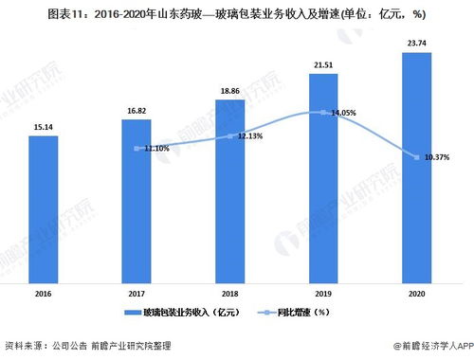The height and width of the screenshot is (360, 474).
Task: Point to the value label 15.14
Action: click(44, 126)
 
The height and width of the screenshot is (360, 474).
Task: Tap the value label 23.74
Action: click(417, 43)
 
